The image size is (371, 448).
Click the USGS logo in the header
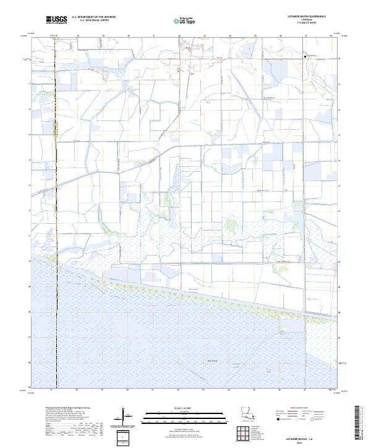point(56,20)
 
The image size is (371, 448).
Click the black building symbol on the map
point(305,56)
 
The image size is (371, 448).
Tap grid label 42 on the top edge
point(179,36)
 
